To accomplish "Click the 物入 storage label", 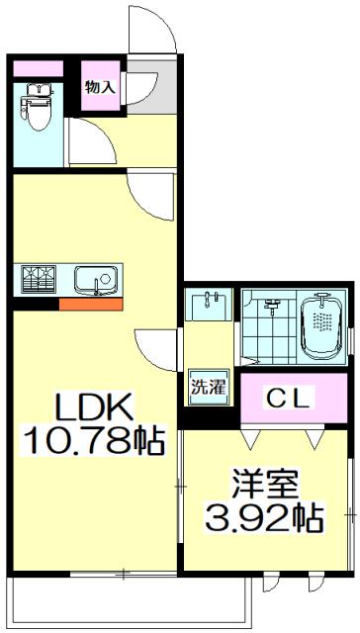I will click(x=100, y=87).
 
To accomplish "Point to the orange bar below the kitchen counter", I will click(x=90, y=303).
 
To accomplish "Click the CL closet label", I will click(x=292, y=399).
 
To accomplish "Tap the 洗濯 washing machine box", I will click(x=208, y=386).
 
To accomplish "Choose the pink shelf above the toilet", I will click(x=36, y=69).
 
